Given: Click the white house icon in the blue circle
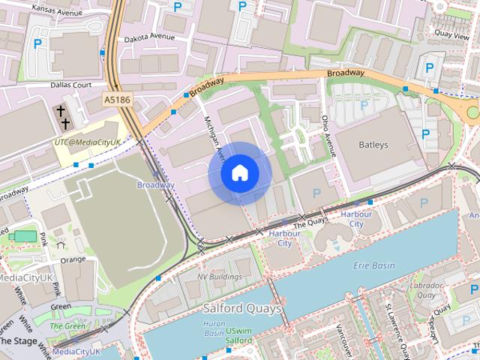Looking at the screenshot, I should [x=239, y=173].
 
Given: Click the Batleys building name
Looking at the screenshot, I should [x=373, y=144].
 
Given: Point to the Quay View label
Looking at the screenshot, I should [x=452, y=34].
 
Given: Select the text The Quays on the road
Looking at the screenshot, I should [x=309, y=222].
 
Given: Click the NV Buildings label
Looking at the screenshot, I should [x=219, y=277].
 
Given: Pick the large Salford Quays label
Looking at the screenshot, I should [x=241, y=308].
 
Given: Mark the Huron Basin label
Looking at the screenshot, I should [x=214, y=327].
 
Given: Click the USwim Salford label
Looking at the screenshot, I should [x=239, y=335].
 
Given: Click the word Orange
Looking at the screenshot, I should [x=73, y=259].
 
